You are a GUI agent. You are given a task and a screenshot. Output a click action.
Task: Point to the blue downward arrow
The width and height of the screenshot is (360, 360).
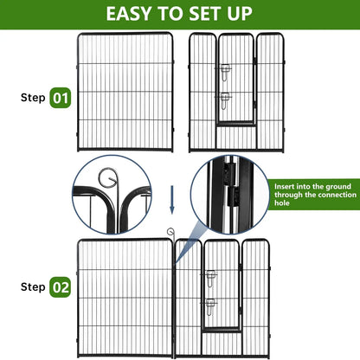[x=171, y=200]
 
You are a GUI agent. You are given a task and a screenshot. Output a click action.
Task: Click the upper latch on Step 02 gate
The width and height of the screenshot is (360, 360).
[x=209, y=276]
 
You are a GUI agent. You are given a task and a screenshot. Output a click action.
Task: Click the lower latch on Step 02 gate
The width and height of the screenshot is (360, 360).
[x=209, y=304]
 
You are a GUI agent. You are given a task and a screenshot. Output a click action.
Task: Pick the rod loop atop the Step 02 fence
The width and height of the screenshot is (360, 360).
[x=170, y=233]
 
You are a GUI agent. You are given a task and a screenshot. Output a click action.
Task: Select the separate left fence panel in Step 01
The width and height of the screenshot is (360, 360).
[x=125, y=93]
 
